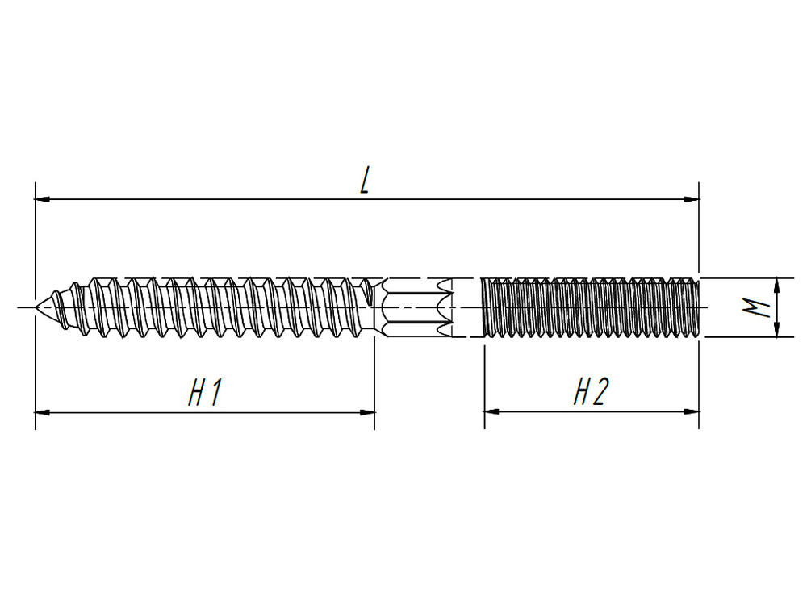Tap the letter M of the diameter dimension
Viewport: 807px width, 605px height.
[x=755, y=307]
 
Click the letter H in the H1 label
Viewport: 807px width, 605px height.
[x=196, y=393]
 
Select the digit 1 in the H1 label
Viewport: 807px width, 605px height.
[x=215, y=393]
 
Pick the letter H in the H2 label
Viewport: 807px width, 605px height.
[x=581, y=393]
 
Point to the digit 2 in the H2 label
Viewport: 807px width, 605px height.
[x=600, y=393]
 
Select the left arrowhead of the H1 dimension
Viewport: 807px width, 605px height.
[x=43, y=412]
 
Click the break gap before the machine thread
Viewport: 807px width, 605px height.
[x=467, y=307]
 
